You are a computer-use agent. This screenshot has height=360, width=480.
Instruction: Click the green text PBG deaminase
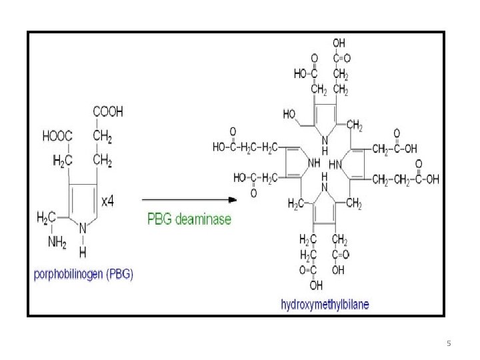click(189, 219)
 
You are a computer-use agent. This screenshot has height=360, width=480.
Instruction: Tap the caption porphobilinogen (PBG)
click(83, 274)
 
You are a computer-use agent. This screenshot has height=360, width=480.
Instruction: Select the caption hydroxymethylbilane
click(325, 305)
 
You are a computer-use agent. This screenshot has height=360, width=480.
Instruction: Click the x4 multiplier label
click(107, 201)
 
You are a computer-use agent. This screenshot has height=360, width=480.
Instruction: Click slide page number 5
click(449, 343)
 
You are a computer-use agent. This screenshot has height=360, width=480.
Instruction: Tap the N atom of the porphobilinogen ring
click(83, 227)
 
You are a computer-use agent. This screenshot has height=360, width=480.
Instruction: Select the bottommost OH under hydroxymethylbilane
click(316, 285)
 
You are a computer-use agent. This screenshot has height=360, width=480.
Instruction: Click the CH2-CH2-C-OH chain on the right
click(405, 179)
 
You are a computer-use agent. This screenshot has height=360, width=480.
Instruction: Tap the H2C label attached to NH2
click(46, 217)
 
